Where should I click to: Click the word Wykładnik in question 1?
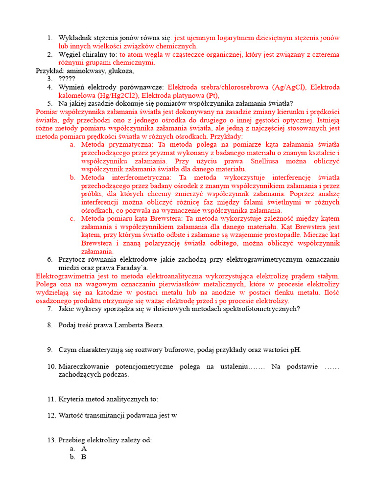point(74,38)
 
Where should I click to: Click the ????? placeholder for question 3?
point(67,79)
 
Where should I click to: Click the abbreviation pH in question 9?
point(296,350)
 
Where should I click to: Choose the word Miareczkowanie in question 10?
point(83,366)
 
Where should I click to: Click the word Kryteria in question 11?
point(70,399)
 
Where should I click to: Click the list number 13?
point(51,440)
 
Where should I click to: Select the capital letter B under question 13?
point(84,456)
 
